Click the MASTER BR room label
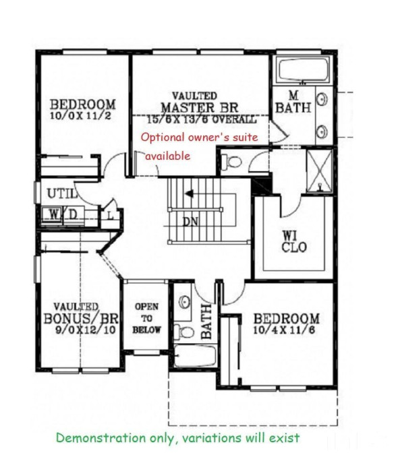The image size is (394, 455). click(199, 108)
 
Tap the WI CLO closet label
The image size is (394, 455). click(293, 241)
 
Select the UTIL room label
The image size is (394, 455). click(59, 194)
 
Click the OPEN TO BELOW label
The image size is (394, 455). click(147, 318)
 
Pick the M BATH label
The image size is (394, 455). click(293, 101)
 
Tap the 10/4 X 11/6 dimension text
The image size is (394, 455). click(285, 331)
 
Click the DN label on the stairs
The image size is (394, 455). click(190, 221)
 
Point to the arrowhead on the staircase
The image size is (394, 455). click(190, 194)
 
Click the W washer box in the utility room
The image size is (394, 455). click(53, 214)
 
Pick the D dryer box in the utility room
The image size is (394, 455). click(71, 214)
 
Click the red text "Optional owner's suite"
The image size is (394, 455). click(200, 137)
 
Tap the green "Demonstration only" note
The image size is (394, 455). click(177, 437)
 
